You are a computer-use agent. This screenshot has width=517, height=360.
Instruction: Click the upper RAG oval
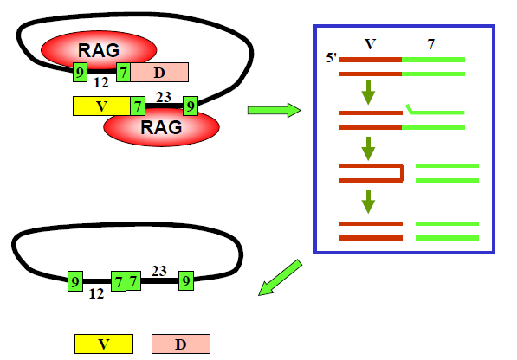click(x=99, y=49)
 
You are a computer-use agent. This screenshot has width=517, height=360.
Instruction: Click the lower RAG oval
click(x=161, y=128)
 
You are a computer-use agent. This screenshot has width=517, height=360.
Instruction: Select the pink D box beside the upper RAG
click(x=159, y=72)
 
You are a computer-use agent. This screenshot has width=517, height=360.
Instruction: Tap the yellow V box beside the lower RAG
click(x=101, y=106)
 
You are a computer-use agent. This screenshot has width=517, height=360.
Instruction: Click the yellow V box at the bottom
click(x=104, y=344)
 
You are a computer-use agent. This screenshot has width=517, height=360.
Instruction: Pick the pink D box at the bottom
click(x=181, y=344)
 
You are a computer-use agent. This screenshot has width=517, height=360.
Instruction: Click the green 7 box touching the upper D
click(x=123, y=72)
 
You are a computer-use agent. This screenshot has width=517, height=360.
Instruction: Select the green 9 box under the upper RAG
click(x=81, y=72)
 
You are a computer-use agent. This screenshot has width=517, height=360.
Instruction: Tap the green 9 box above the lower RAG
click(x=191, y=106)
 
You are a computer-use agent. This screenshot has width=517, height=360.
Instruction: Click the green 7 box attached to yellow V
click(x=138, y=106)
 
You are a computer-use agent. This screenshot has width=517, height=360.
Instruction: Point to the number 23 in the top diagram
click(x=164, y=97)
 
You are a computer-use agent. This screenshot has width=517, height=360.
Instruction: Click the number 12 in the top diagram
click(x=101, y=82)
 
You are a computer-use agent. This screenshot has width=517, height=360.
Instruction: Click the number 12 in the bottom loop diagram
click(x=96, y=293)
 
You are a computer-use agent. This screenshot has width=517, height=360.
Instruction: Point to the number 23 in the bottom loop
click(x=159, y=271)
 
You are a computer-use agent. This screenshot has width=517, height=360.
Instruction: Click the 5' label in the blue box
click(x=331, y=58)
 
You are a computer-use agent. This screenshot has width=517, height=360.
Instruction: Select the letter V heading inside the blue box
click(x=370, y=44)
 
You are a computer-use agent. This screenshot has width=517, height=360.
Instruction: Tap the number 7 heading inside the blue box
click(x=431, y=44)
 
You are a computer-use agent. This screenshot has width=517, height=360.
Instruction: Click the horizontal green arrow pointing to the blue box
click(x=275, y=110)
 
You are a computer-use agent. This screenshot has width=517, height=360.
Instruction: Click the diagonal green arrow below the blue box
click(x=280, y=278)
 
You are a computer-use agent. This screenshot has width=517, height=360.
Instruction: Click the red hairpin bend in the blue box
click(x=402, y=172)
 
